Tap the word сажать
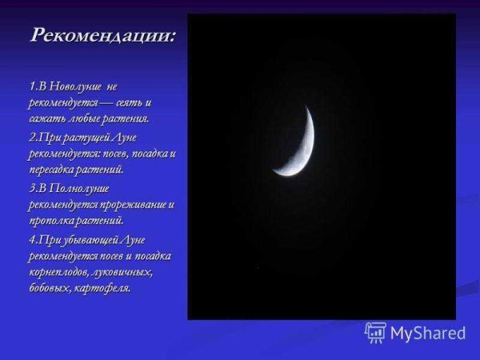coord(46,119)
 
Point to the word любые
coord(84,119)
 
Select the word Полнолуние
coord(79,187)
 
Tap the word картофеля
coord(104,288)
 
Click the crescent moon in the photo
coord(301,148)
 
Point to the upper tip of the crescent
coord(306,106)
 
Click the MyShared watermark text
coord(429,333)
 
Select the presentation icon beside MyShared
coord(376,332)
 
